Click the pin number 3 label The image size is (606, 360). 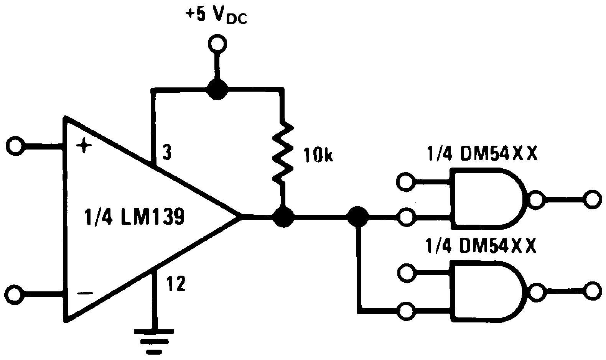click(x=166, y=153)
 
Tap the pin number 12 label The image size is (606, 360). click(x=176, y=284)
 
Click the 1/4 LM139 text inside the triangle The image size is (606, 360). click(x=134, y=217)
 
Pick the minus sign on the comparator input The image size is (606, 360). click(x=85, y=293)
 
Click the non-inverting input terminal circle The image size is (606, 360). click(x=15, y=146)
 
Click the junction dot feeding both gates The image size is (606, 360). click(x=357, y=217)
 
